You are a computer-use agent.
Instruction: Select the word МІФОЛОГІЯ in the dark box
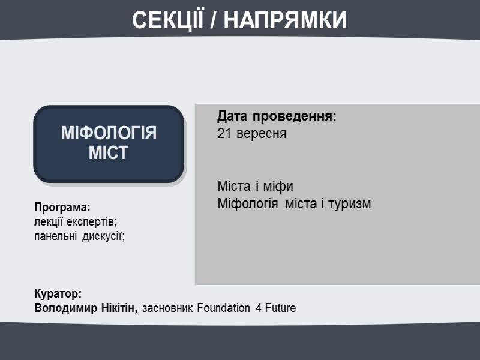pos(109,133)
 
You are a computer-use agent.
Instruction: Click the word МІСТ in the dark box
pos(109,153)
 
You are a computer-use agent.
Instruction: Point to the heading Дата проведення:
pos(277,116)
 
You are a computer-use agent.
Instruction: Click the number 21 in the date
pos(224,133)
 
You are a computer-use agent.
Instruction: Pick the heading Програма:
pos(62,208)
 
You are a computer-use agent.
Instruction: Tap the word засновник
pos(167,308)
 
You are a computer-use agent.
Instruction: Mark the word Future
pos(280,308)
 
